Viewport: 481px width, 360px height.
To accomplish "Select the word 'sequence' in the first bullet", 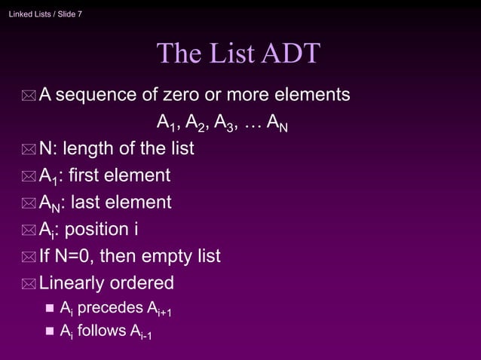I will (x=95, y=96).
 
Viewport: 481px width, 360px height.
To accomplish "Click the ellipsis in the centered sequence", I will (x=251, y=123).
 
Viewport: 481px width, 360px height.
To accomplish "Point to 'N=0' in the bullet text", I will (x=71, y=256).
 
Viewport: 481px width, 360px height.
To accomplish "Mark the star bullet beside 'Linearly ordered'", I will (x=29, y=284).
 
